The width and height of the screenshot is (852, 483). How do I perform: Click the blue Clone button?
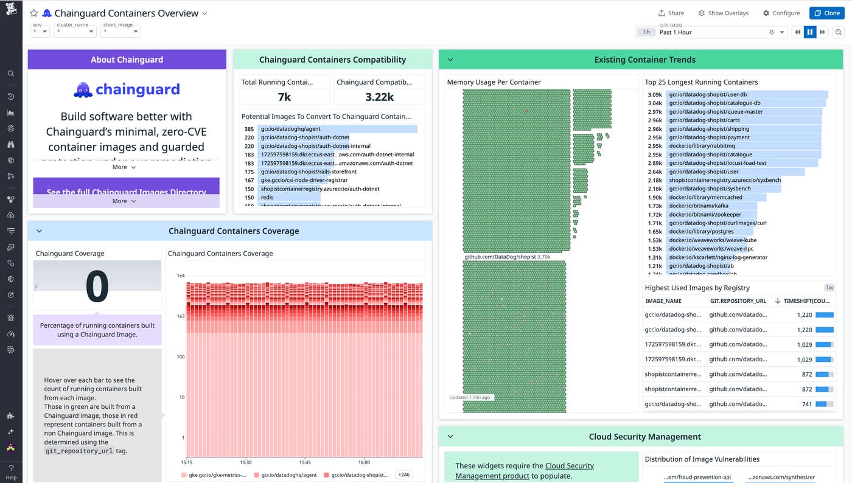coord(826,13)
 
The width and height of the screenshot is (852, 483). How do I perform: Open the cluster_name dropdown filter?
coord(75,31)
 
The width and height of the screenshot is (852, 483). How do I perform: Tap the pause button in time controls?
coord(809,32)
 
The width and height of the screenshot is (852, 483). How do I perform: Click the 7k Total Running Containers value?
coord(284,97)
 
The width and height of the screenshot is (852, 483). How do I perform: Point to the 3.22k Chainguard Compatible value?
coord(380,97)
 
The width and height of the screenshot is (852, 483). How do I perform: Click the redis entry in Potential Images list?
coord(267,197)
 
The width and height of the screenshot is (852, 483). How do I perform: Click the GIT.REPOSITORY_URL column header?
coord(738,301)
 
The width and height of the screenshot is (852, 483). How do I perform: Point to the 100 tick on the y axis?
coord(181,356)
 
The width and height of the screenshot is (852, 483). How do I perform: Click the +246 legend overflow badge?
coord(403,474)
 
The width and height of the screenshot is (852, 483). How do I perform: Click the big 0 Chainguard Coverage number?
coord(97,287)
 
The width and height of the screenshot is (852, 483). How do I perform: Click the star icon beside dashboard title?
coord(34,13)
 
